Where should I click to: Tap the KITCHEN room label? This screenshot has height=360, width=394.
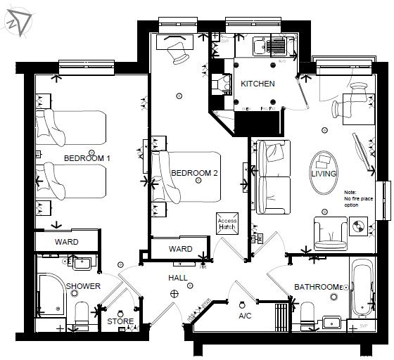[x=258, y=84]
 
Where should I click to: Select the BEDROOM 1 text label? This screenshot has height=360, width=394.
[x=87, y=158]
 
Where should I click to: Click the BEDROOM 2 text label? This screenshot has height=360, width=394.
[x=195, y=173]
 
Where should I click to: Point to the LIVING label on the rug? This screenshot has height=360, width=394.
[x=324, y=174]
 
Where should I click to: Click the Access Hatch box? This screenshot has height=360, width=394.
[x=227, y=224]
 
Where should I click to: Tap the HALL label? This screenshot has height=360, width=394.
[x=177, y=278]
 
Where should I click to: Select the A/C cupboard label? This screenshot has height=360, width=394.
[x=245, y=316]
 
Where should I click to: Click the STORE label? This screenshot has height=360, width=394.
[x=120, y=321]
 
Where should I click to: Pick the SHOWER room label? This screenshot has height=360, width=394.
[x=83, y=286]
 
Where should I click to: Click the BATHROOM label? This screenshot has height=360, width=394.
[x=317, y=287]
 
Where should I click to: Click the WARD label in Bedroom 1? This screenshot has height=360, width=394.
[x=67, y=242]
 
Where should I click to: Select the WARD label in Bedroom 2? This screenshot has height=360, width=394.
[x=181, y=249]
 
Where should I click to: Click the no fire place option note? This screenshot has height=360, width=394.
[x=356, y=198]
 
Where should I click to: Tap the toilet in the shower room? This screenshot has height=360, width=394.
[x=82, y=316]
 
